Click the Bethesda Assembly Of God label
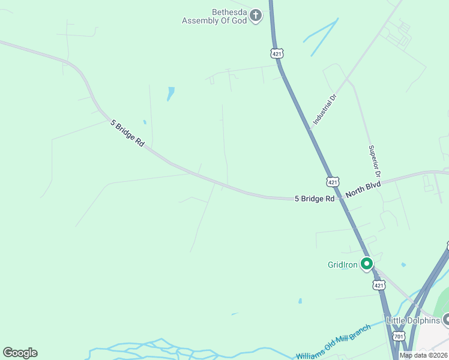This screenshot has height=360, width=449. coord(214,16)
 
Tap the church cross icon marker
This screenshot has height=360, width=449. coord(256,15)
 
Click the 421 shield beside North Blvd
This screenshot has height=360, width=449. coord(333,181)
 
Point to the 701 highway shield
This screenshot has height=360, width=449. coord(399,337)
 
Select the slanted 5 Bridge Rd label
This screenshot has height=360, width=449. coord(128,133)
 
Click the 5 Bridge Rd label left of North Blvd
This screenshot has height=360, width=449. coord(314,199)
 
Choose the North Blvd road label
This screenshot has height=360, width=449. coord(363,190)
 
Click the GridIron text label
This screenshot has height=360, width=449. coord(343,265)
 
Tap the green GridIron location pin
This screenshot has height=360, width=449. coord(366,263)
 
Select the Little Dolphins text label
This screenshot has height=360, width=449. coord(412,320)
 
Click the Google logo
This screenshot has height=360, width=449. coord(20,353)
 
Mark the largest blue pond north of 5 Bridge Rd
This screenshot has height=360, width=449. coord(171,93)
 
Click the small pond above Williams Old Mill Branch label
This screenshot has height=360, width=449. coord(300,301)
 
